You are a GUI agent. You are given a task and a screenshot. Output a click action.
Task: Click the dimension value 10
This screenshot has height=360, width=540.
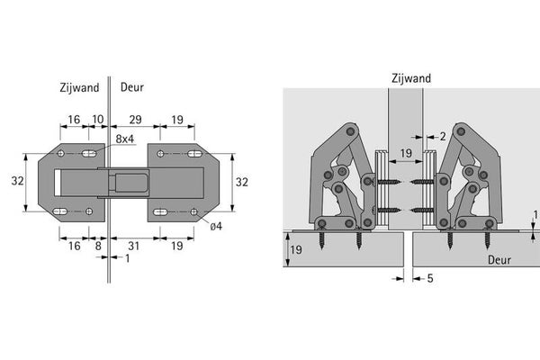tap(98, 120)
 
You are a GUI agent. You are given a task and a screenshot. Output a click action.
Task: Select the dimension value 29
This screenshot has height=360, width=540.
tap(135, 120)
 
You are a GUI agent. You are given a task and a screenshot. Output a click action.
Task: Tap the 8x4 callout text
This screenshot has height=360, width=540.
tap(125, 139)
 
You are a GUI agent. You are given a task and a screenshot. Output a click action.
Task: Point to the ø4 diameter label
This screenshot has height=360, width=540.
tap(216, 226)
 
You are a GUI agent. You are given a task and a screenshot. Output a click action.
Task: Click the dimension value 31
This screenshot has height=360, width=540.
tap(133, 246)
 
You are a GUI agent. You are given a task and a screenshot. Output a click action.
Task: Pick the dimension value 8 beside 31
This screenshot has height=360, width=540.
tap(98, 246)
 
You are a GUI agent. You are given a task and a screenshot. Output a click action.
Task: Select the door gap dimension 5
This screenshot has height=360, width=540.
tap(430, 278)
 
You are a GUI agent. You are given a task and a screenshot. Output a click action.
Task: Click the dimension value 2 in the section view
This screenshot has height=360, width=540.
tap(443, 137)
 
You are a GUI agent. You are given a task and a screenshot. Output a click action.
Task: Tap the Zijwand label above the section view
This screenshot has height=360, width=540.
tap(411, 78)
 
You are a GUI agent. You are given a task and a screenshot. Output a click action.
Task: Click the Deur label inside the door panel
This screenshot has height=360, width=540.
tap(499, 260)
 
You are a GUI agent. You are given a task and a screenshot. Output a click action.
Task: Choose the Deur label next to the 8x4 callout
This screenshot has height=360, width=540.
tap(132, 87)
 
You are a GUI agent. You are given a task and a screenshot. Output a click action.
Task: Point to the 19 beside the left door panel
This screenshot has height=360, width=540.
tap(296, 249)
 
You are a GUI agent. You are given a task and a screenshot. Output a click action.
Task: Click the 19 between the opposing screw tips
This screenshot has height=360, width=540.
tap(406, 153)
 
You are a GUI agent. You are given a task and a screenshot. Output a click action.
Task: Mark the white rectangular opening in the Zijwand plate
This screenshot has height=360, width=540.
tap(58, 182)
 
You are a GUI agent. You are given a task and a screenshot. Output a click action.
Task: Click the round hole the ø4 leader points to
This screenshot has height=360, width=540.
tap(193, 211)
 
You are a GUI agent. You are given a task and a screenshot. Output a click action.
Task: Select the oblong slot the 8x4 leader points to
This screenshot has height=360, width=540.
tap(89, 153)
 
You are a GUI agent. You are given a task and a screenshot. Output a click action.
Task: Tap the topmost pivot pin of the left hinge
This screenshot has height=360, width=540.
tap(351, 130)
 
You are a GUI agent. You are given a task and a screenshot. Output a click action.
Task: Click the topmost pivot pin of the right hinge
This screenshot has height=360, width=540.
tap(461, 130)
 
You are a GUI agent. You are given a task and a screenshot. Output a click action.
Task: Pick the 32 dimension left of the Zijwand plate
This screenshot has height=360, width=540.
tap(18, 181)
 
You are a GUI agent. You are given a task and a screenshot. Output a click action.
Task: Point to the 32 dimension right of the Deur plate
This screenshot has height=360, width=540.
tap(242, 182)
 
